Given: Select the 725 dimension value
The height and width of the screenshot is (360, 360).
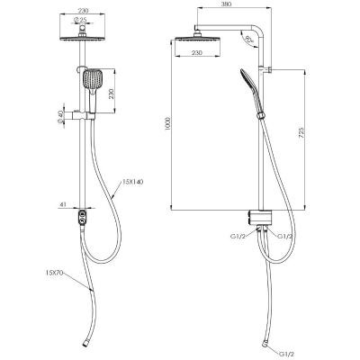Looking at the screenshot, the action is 301,133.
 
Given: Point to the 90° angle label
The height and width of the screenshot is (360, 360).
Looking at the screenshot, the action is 248,40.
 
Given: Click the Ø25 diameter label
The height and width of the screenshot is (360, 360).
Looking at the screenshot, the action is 80,20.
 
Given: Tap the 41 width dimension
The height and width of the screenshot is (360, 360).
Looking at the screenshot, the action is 63,204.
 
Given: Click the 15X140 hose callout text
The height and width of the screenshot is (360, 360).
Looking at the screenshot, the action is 132,182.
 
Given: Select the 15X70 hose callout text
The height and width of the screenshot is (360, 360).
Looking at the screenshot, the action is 54,273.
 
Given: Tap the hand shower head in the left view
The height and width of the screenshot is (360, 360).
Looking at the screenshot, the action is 93,78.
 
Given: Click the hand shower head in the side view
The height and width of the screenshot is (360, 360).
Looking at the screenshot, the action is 246,77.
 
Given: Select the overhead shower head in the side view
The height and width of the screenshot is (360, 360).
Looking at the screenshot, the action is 197,39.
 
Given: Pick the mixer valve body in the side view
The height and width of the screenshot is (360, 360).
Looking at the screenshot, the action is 260,218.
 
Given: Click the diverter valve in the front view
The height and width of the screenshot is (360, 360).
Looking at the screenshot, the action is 82,218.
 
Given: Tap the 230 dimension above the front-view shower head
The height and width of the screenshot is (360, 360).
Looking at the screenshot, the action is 83,11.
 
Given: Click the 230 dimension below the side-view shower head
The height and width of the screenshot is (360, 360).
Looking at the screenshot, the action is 197,53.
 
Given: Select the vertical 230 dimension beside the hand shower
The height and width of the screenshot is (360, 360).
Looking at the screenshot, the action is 112,94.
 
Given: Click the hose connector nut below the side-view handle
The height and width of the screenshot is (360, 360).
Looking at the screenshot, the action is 260,116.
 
